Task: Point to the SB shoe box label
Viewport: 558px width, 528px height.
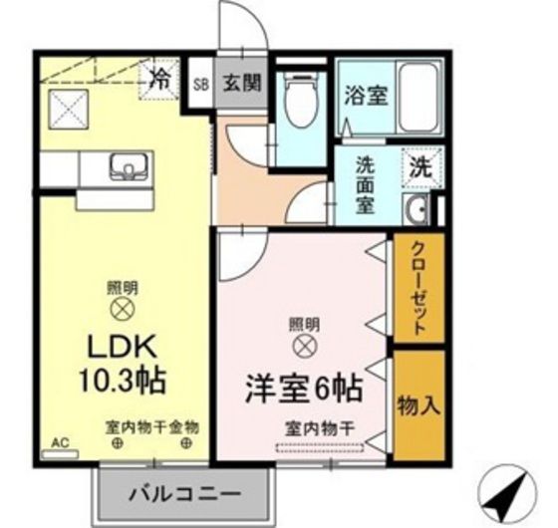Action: [199, 84]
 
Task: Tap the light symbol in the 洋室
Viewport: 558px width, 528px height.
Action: [305, 346]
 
